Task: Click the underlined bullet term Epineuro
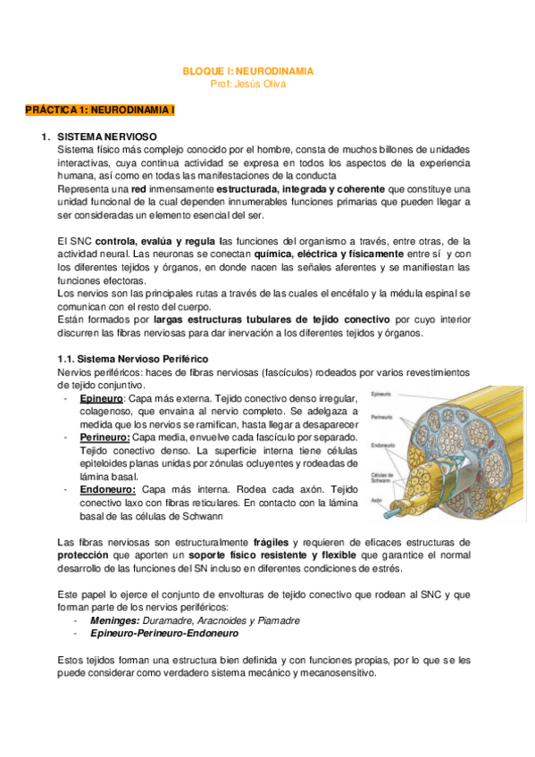[x=102, y=398]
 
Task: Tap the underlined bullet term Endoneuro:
[x=107, y=489]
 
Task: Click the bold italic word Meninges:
[x=114, y=620]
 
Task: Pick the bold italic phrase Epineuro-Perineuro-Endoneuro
[x=164, y=633]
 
